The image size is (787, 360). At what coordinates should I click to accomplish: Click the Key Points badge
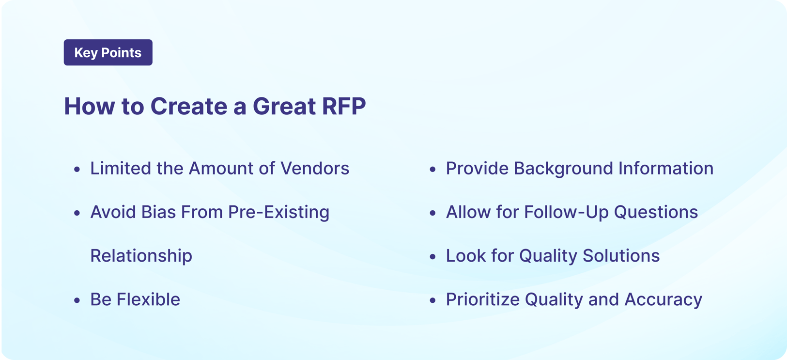coord(108,52)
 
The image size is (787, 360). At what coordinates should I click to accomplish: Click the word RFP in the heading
coord(344,106)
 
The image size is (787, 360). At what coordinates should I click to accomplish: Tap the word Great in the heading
coord(284,106)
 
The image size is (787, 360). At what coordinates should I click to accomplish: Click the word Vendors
coord(315,169)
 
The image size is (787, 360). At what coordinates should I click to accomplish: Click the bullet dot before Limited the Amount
coord(77,170)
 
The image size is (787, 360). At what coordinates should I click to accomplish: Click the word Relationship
coord(141,256)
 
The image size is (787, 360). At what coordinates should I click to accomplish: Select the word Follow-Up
coord(566,212)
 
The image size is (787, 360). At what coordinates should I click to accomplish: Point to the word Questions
coord(656,212)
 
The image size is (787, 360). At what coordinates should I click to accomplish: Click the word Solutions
coord(621,256)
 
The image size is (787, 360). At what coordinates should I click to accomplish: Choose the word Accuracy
coord(663,299)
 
